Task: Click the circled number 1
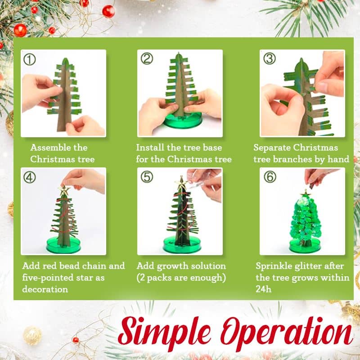pyautogui.click(x=29, y=59)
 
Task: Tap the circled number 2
pyautogui.click(x=147, y=58)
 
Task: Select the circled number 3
pyautogui.click(x=269, y=58)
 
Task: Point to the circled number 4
pyautogui.click(x=29, y=177)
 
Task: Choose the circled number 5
pyautogui.click(x=147, y=177)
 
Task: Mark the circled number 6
pyautogui.click(x=270, y=177)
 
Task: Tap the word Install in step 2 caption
pyautogui.click(x=150, y=148)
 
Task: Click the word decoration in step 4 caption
pyautogui.click(x=45, y=289)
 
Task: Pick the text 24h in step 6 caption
pyautogui.click(x=263, y=289)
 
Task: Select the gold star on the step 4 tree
pyautogui.click(x=64, y=190)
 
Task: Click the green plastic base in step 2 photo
pyautogui.click(x=183, y=121)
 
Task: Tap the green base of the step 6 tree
pyautogui.click(x=305, y=245)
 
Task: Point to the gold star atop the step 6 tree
pyautogui.click(x=306, y=193)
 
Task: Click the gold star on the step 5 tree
pyautogui.click(x=181, y=183)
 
